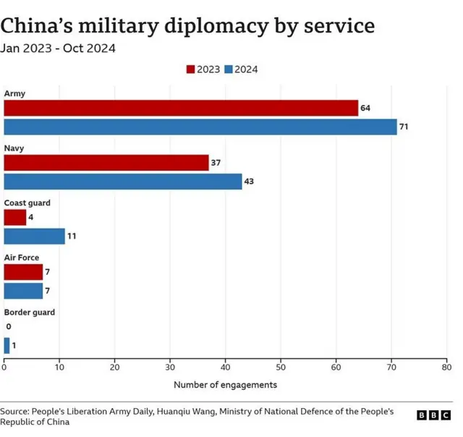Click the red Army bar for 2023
(181, 108)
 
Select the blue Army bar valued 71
(200, 127)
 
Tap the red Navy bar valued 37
(106, 163)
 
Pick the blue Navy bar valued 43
(123, 182)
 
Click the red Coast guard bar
(14, 217)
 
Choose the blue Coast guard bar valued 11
(34, 236)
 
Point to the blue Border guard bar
(7, 346)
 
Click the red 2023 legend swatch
(191, 69)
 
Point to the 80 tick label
(446, 368)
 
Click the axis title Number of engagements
(225, 385)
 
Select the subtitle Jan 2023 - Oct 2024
(58, 49)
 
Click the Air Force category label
(22, 258)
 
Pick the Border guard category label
(30, 313)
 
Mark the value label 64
(365, 108)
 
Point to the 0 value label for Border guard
(8, 327)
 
